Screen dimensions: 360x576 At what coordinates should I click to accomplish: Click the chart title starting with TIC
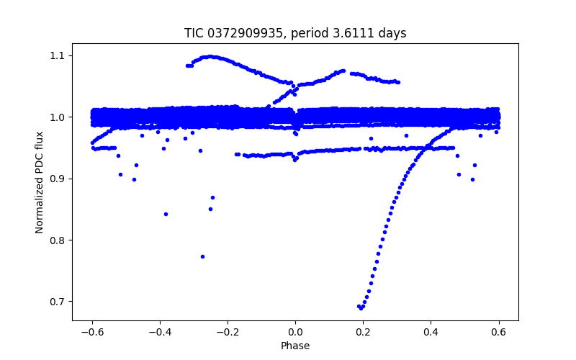(294, 33)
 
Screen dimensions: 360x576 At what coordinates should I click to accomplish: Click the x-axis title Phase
(295, 346)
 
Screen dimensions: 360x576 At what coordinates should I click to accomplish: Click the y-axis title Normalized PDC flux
(40, 182)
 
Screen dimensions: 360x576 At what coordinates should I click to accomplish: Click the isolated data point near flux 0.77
(202, 256)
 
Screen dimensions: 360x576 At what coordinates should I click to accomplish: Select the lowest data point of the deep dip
(361, 308)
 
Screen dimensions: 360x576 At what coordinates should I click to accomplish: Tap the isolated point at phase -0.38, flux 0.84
(166, 214)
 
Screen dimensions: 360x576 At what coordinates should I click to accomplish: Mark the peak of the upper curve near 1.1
(210, 56)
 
